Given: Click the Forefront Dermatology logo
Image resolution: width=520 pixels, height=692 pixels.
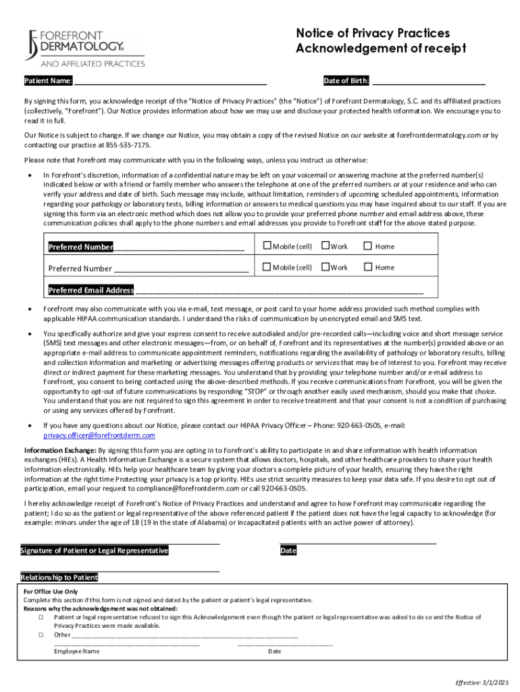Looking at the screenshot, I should pos(84,47).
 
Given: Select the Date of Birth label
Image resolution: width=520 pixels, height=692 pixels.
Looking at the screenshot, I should pos(346,82).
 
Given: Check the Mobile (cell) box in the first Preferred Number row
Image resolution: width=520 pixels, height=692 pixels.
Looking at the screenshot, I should pos(267,246).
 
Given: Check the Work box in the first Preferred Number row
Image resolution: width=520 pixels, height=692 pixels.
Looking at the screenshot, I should pos(325,246).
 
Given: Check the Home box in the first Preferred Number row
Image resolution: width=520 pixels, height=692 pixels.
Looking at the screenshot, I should pos(368,246).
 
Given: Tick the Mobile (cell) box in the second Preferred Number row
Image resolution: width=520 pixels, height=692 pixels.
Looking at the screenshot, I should pos(267,267).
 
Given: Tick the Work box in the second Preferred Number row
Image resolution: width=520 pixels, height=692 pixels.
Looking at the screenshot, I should pos(325,267).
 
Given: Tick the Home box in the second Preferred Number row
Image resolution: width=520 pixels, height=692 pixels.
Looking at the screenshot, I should pos(368,267).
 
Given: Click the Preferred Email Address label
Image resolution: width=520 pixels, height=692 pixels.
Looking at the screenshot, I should pos(91,291).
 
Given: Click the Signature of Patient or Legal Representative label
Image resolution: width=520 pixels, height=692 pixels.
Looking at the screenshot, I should pos(95,551).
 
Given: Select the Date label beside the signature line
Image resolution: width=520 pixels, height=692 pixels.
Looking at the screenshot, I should pos(288,551).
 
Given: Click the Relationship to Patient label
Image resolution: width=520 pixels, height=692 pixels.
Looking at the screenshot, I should pos(59,578).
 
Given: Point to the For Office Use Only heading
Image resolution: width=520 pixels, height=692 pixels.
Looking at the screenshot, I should pos(51,591).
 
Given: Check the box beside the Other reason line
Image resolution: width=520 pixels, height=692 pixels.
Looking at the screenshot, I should pos(41,635).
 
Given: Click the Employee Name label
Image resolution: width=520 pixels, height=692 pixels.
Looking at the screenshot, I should pos(77,651).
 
